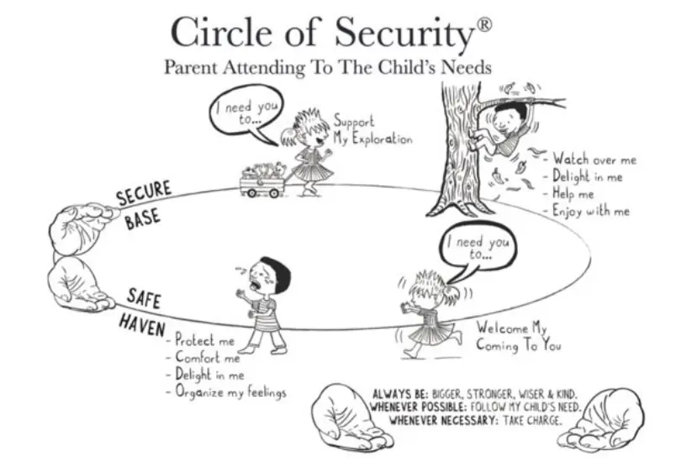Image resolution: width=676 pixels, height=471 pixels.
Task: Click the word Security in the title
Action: (x=404, y=34)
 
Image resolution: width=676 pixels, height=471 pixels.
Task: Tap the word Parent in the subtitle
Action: (x=191, y=67)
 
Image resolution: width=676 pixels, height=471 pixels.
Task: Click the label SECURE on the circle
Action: (x=144, y=193)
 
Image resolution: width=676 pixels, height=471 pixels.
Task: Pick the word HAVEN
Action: (x=142, y=325)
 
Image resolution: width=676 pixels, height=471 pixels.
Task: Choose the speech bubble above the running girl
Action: (x=478, y=251)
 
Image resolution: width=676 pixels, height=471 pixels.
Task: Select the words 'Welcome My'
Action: (x=512, y=328)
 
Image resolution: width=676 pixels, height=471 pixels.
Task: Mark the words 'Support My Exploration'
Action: (x=373, y=130)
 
